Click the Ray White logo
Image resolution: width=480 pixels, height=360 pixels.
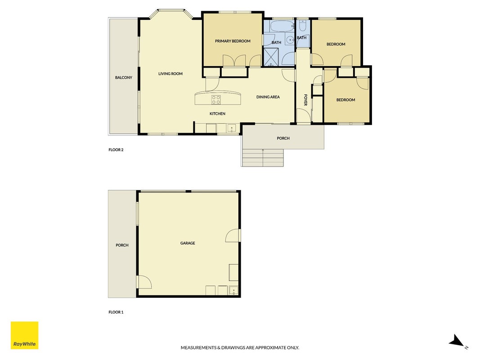coord(24,335)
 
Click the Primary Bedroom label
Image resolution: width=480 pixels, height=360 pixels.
coord(233,41)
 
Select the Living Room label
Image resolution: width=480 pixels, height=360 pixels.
coord(170,74)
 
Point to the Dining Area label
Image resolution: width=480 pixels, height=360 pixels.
coord(268,97)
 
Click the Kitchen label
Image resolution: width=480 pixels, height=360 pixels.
coord(217,114)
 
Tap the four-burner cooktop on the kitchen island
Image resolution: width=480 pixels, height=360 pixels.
coord(216,100)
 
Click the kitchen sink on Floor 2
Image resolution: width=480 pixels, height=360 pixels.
coord(232,128)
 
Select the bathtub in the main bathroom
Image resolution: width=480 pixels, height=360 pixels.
coord(282,27)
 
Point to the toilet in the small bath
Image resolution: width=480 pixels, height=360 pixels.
coord(302,26)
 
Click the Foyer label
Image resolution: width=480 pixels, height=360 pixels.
coord(305,100)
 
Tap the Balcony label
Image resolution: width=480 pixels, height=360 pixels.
coord(124,78)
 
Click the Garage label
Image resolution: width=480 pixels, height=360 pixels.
coord(188,243)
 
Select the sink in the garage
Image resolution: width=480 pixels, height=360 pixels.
coord(233,291)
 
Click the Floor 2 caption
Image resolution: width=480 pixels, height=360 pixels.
coord(116,150)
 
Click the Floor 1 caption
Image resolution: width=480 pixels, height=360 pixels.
coord(116,312)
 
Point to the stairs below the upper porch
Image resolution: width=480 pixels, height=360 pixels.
coord(263,157)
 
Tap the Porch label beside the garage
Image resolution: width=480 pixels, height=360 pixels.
coord(122,246)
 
